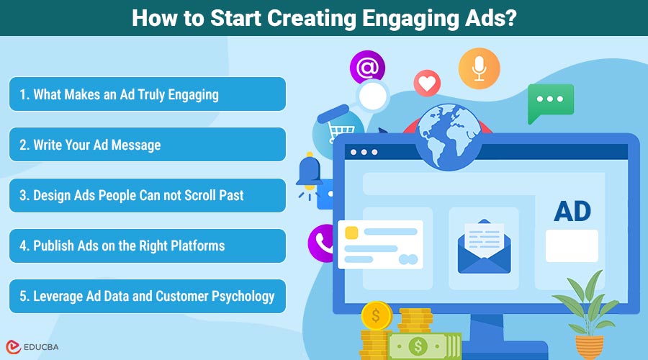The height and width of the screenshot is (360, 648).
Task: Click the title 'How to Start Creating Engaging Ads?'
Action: pyautogui.click(x=324, y=18)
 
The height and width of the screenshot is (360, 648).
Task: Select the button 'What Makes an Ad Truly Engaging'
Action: pyautogui.click(x=148, y=94)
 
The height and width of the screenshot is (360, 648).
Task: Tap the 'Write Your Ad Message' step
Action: pyautogui.click(x=148, y=144)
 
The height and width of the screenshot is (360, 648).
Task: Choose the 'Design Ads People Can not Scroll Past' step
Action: pyautogui.click(x=148, y=195)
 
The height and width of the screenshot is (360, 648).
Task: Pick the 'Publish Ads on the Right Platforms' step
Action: pyautogui.click(x=148, y=246)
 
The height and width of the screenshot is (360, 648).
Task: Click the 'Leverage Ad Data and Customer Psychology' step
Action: pyautogui.click(x=148, y=296)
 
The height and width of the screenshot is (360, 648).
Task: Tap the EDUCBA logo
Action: pyautogui.click(x=32, y=347)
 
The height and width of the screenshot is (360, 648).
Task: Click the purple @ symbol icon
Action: pyautogui.click(x=367, y=67)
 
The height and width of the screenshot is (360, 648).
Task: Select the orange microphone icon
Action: pyautogui.click(x=479, y=68)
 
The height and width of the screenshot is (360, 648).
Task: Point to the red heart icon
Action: pyautogui.click(x=427, y=84)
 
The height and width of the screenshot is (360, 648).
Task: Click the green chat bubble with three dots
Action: pyautogui.click(x=551, y=102)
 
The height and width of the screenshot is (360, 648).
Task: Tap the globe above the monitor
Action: pyautogui.click(x=449, y=137)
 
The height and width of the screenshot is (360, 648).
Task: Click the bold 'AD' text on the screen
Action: pyautogui.click(x=572, y=211)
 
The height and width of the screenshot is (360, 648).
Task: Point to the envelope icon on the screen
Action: pyautogui.click(x=484, y=246)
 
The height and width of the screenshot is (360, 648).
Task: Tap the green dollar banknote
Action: pyautogui.click(x=424, y=346)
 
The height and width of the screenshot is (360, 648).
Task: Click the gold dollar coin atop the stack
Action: pyautogui.click(x=377, y=315)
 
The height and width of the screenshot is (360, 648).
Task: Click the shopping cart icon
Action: pyautogui.click(x=341, y=132)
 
